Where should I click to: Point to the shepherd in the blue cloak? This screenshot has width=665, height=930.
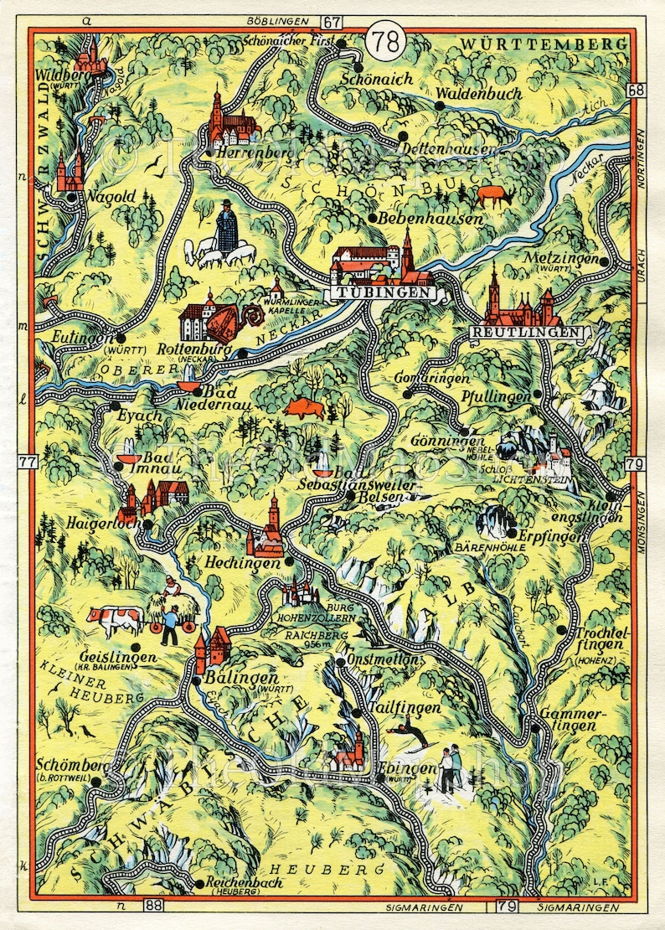(x=226, y=227)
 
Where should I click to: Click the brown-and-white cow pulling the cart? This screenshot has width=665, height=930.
(x=116, y=620)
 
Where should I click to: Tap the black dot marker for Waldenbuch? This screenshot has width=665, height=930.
(x=440, y=106)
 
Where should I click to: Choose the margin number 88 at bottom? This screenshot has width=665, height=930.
(x=153, y=906)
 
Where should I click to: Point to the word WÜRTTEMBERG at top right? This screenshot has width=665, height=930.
(x=544, y=44)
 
